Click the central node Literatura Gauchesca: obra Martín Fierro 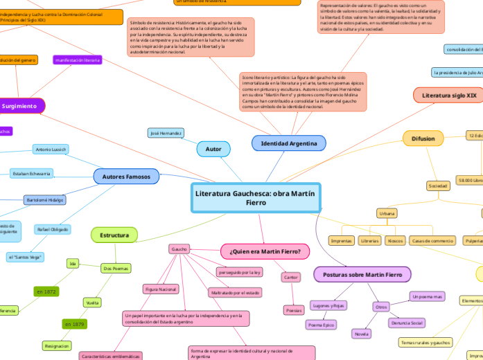pyautogui.click(x=255, y=198)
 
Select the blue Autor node pyautogui.click(x=213, y=148)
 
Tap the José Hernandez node pyautogui.click(x=166, y=132)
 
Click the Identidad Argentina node pyautogui.click(x=288, y=143)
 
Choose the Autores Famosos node pyautogui.click(x=127, y=177)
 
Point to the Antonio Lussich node pyautogui.click(x=51, y=149)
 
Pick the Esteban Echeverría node pyautogui.click(x=32, y=173)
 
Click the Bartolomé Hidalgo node pyautogui.click(x=45, y=199)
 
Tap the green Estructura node pyautogui.click(x=114, y=235)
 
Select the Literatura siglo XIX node pyautogui.click(x=448, y=95)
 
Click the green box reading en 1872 pyautogui.click(x=46, y=291)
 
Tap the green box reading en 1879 pyautogui.click(x=75, y=324)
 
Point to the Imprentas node pyautogui.click(x=342, y=241)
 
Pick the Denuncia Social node pyautogui.click(x=407, y=323)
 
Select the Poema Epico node pyautogui.click(x=321, y=324)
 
